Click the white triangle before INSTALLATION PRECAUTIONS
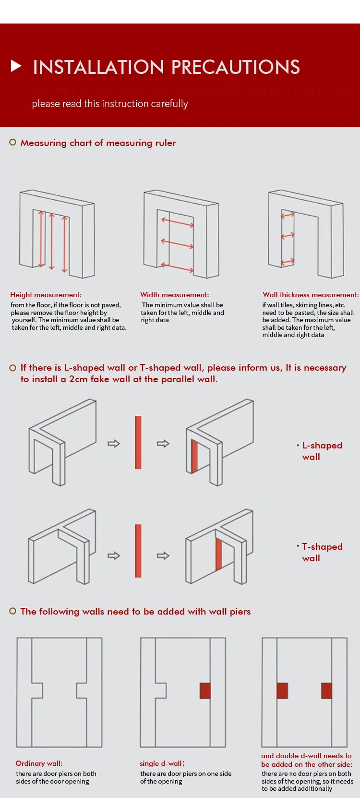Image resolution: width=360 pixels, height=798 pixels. pos(16,66)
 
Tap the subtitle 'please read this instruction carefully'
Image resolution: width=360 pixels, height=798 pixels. pos(110,104)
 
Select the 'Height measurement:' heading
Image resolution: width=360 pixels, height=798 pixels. pos(46,295)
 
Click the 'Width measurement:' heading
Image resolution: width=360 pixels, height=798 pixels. pos(174,295)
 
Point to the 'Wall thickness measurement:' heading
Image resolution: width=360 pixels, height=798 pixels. pos(310,295)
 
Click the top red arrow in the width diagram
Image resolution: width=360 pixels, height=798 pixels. pos(178,222)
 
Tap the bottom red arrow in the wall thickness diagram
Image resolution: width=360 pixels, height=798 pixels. pos(288,262)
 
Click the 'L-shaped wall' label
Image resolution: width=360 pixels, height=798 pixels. pos(322,451)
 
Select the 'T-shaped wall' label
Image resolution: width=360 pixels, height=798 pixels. pos(322,552)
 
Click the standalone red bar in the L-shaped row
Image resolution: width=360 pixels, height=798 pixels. pos(138,442)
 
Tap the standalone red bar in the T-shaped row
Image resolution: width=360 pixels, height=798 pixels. pos(138,551)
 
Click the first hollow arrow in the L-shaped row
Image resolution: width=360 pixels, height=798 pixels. pos(114,443)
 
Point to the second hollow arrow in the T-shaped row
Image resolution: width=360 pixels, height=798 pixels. pos(163,556)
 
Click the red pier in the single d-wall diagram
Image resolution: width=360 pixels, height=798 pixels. pos(205,690)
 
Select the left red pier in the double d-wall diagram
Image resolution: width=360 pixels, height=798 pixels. pos(282,690)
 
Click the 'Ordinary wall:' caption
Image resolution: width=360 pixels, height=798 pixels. pos(39,763)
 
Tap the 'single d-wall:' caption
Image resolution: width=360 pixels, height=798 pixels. pos(162,763)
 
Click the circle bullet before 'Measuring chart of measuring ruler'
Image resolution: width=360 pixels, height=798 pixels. pos(13,142)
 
